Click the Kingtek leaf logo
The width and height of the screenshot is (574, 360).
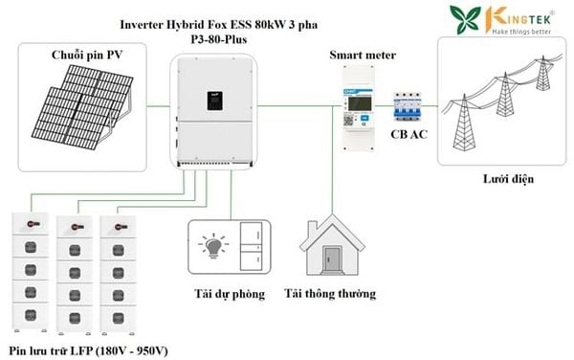tap(465, 19)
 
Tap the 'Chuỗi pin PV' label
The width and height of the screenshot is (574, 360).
tap(87, 55)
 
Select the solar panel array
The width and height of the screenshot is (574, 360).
tap(82, 107)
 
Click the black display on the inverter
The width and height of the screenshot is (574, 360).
tap(215, 101)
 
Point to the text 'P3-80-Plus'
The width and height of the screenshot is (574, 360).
tap(219, 39)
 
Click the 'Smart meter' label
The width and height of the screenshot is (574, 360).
tap(363, 55)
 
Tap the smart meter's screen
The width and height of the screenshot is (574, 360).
tap(361, 103)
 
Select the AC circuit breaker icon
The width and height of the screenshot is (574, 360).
tap(408, 106)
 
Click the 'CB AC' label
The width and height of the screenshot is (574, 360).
tap(408, 134)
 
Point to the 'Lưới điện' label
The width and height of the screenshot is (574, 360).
tap(508, 179)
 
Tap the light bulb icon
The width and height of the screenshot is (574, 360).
tap(213, 246)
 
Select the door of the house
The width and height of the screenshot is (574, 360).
tap(332, 260)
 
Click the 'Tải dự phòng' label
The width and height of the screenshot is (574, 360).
tap(230, 294)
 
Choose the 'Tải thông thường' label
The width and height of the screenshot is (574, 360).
tap(330, 294)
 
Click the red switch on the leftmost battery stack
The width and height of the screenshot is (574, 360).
tap(33, 224)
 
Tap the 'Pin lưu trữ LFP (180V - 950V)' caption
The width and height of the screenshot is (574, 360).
tap(88, 351)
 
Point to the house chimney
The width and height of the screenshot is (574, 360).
tap(313, 229)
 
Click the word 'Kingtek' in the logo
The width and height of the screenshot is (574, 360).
tap(519, 17)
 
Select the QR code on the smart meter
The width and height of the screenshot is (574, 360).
tap(348, 120)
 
